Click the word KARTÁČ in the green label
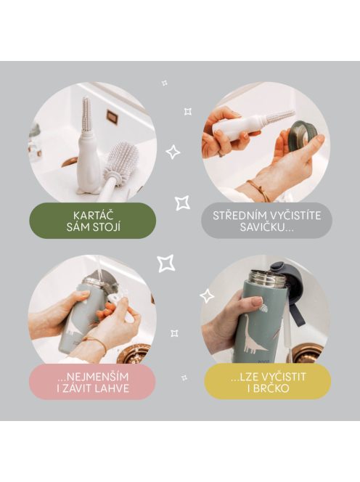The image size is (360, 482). point(92,216)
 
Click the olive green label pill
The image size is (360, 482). point(92,221)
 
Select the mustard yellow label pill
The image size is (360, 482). point(267,382)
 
